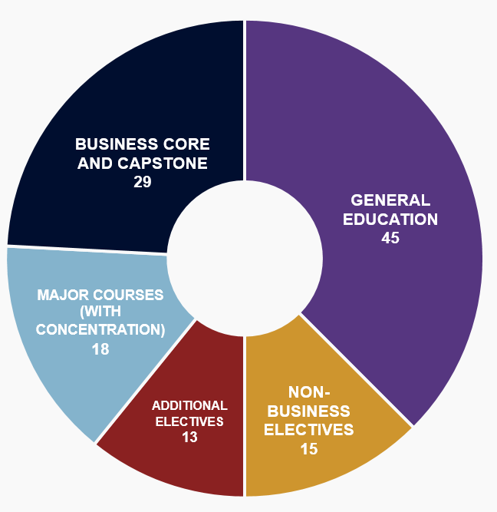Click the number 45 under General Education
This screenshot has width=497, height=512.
pyautogui.click(x=390, y=238)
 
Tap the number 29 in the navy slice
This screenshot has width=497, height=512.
pyautogui.click(x=143, y=182)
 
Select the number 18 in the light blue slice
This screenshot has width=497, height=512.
pyautogui.click(x=100, y=349)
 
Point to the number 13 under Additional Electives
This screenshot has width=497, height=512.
pyautogui.click(x=189, y=438)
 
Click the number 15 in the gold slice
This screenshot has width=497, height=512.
pyautogui.click(x=309, y=449)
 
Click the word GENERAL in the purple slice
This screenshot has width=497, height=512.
pyautogui.click(x=390, y=200)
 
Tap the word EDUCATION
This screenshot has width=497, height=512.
pyautogui.click(x=390, y=219)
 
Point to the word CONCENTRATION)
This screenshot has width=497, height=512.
pyautogui.click(x=100, y=329)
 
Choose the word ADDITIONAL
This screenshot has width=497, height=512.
pyautogui.click(x=189, y=405)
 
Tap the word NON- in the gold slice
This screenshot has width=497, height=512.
pyautogui.click(x=309, y=392)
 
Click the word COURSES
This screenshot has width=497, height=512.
pyautogui.click(x=128, y=296)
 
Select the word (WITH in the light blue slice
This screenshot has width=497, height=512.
pyautogui.click(x=100, y=312)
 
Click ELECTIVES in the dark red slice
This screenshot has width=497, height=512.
pyautogui.click(x=189, y=421)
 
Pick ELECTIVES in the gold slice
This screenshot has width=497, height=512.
pyautogui.click(x=309, y=430)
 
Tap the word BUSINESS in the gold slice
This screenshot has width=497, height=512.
pyautogui.click(x=309, y=411)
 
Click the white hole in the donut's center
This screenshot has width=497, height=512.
pyautogui.click(x=245, y=258)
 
